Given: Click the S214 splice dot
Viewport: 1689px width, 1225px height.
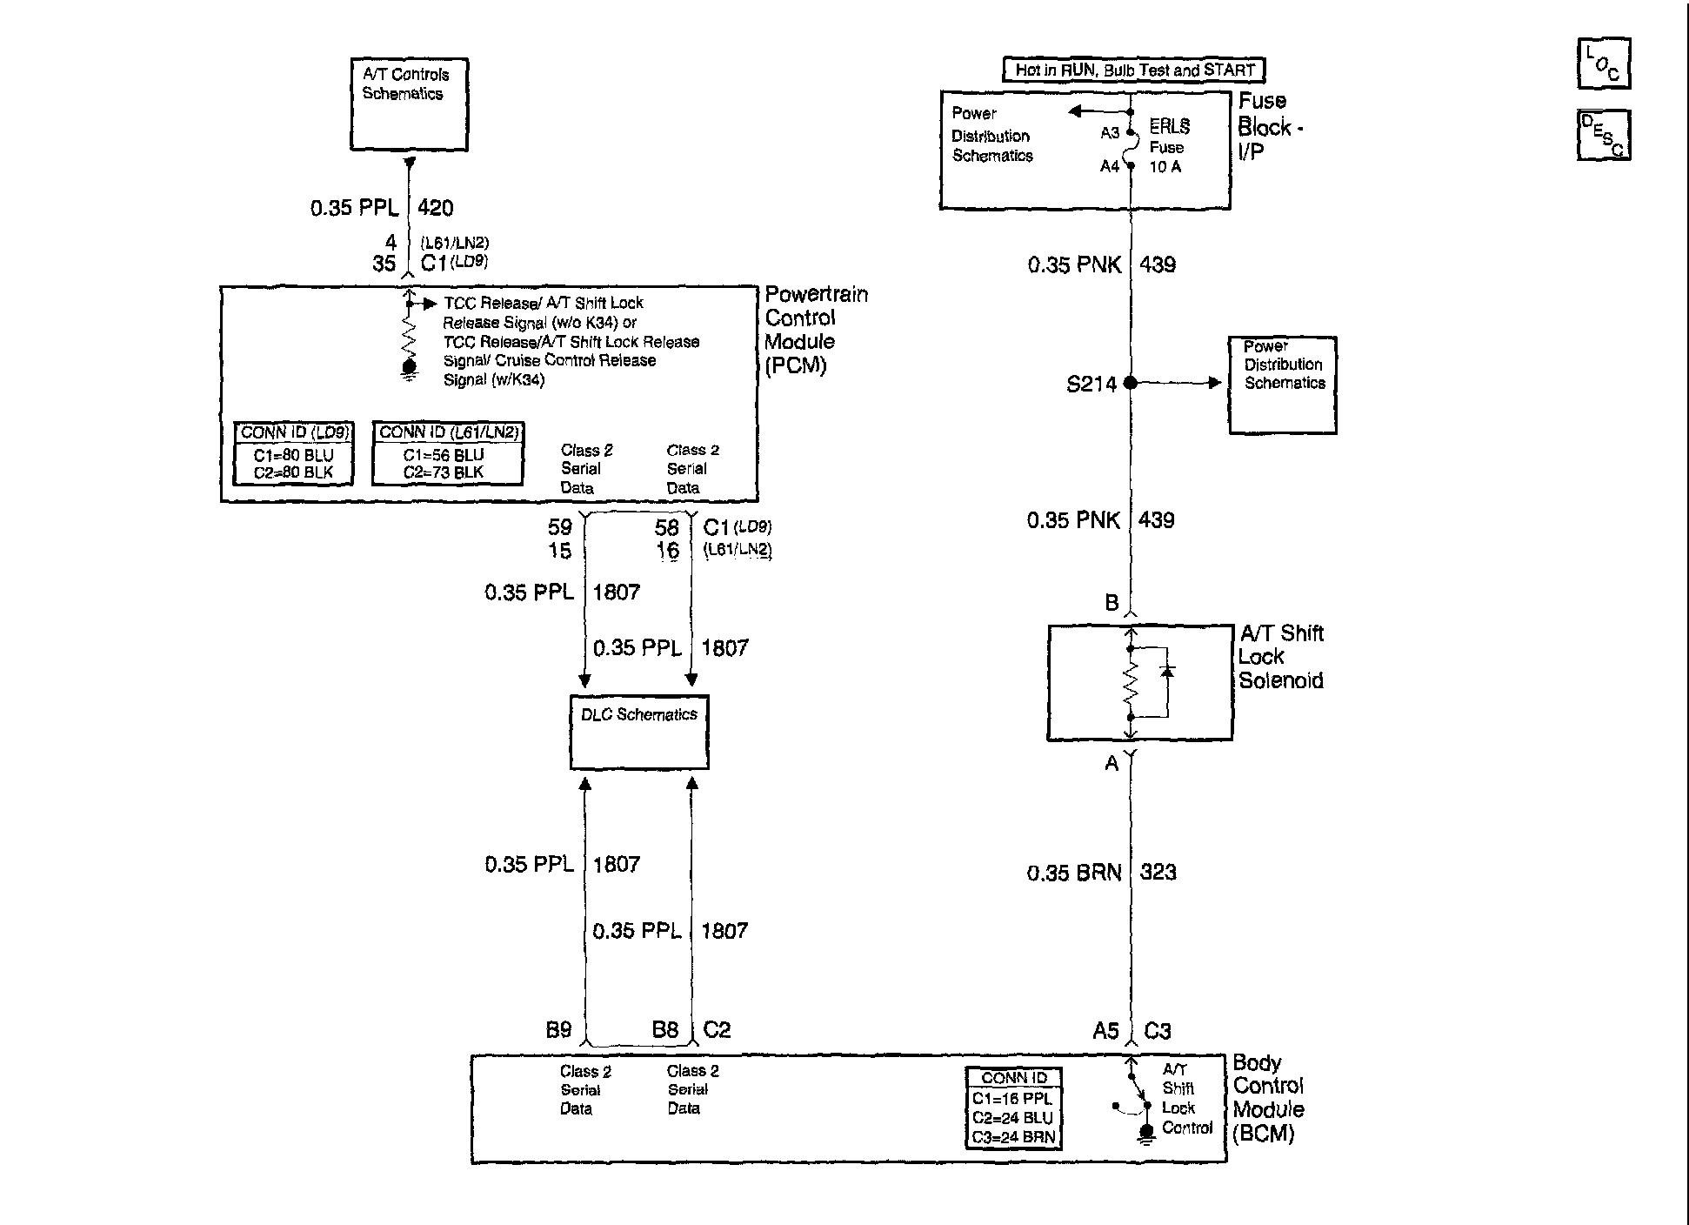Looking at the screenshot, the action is point(1130,383).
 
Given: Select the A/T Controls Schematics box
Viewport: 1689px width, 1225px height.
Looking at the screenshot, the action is point(410,104).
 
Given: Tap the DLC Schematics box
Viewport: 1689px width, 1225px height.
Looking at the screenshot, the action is point(639,732).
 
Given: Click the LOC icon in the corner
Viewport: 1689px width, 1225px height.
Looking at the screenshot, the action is point(1604,64).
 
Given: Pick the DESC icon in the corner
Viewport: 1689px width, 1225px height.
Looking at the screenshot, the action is point(1604,135).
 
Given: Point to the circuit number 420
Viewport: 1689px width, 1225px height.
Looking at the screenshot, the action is point(436,208).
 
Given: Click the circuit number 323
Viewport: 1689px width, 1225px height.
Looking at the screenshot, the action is point(1158,873).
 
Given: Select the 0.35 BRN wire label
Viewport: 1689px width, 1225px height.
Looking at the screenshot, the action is point(1074,873).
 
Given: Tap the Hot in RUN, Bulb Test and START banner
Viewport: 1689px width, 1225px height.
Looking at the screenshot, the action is point(1135,70).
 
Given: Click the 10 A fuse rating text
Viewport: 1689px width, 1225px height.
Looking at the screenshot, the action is point(1165,166).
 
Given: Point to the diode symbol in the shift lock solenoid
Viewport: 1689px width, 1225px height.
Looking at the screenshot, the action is point(1168,672).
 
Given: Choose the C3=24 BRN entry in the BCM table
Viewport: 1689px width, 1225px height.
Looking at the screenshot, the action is point(1013,1136).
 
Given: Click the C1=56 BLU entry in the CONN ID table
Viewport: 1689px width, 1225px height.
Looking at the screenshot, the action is point(444,455).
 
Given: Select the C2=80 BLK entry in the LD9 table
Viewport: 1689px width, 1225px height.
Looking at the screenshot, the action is point(294,473).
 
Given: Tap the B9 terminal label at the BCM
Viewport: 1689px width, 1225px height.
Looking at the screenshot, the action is point(558,1030).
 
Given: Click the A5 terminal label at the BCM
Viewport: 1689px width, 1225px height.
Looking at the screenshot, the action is point(1105,1031).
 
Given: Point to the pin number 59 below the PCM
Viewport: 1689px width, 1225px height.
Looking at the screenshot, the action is point(560,527).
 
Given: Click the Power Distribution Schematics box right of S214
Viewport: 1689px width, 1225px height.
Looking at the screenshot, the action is point(1283,385).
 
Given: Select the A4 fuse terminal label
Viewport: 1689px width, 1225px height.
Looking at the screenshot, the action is point(1110,166).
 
